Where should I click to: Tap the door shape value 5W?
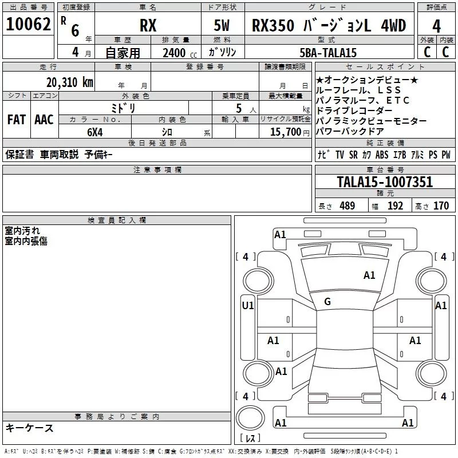[x=222, y=26]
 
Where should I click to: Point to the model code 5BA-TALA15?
[x=328, y=53]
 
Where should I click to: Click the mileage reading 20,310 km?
[x=70, y=82]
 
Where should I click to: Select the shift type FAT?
[x=16, y=120]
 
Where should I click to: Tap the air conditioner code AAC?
[x=44, y=120]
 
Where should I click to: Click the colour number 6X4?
[x=95, y=132]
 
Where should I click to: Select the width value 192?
[x=395, y=206]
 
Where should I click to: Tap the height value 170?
[x=441, y=206]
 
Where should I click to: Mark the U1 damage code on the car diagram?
[x=247, y=306]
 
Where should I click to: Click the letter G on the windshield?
[x=327, y=302]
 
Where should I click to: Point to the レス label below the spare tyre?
[x=250, y=438]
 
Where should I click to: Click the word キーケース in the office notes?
[x=29, y=428]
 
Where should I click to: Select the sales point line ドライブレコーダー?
[x=354, y=110]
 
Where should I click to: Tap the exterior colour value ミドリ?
[x=124, y=108]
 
